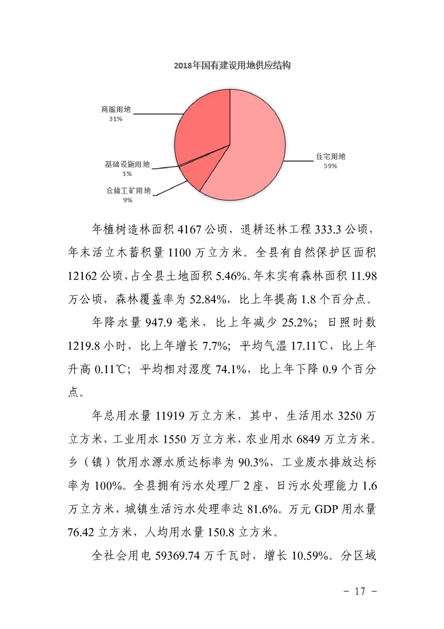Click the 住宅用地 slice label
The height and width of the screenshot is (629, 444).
[330, 156]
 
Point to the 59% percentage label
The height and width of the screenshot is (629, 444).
[330, 166]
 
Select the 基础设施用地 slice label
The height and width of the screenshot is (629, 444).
[128, 164]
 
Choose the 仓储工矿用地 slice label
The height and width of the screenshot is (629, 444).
[129, 191]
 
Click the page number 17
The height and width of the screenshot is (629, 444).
[361, 591]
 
